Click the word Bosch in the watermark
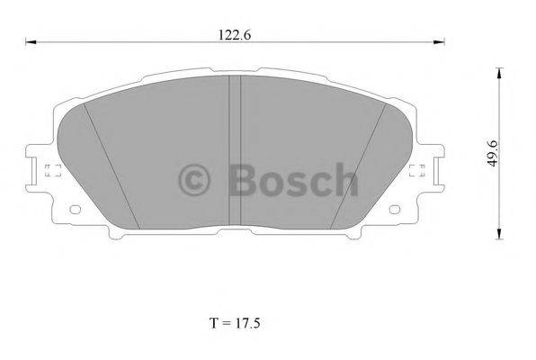pos(291,180)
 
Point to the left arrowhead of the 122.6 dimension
pos(29,42)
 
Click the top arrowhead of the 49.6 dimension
pos(499,70)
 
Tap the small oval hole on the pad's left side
pos(75,211)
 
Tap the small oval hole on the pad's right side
pos(397,211)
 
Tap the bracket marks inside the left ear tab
pos(50,171)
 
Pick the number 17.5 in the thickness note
pos(249,321)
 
